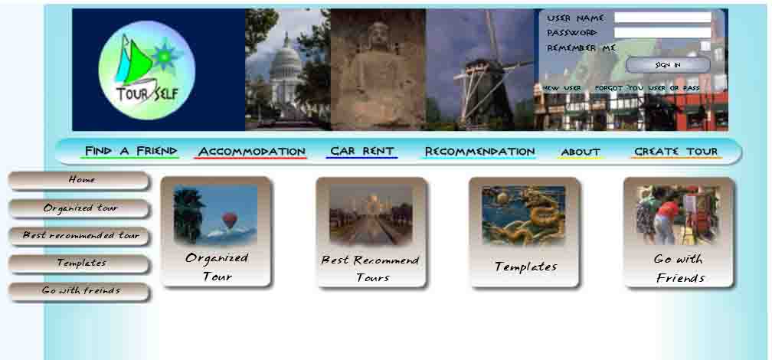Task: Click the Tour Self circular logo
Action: tap(147, 70)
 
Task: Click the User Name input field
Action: tap(662, 18)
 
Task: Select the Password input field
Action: tap(662, 33)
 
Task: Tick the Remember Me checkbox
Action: tap(705, 46)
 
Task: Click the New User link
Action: tap(562, 88)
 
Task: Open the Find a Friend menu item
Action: tap(130, 151)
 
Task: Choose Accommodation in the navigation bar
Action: tap(251, 151)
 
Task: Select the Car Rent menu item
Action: tap(361, 151)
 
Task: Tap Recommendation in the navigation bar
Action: tap(479, 151)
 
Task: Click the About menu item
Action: tap(581, 152)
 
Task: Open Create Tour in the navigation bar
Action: tap(675, 152)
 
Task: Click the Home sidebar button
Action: tap(79, 180)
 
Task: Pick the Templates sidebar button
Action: tap(79, 263)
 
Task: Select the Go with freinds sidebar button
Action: tap(79, 291)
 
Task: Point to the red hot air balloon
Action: tap(229, 220)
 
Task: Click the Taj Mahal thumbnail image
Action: tap(371, 214)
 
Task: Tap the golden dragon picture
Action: tap(523, 215)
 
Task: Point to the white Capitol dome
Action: tap(285, 59)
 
